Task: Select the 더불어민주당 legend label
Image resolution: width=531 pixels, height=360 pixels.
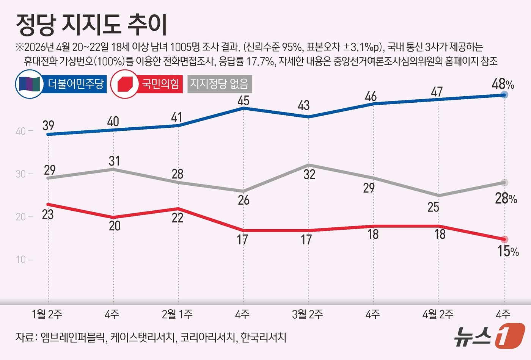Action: point(75,84)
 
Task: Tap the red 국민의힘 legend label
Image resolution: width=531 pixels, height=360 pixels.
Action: point(160,84)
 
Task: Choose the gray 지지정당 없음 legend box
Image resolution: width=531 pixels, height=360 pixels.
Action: point(219,84)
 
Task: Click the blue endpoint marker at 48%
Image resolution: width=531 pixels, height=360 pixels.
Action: point(504,95)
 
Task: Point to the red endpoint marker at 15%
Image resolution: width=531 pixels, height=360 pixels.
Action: point(504,239)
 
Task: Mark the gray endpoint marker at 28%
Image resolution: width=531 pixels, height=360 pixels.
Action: point(504,183)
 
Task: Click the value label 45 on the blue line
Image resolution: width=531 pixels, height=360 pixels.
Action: point(243,100)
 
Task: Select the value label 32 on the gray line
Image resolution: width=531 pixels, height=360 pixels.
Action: point(309,174)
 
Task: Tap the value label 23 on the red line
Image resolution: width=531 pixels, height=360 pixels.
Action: point(48,214)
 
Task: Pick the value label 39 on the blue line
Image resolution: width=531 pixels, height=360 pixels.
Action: point(48,125)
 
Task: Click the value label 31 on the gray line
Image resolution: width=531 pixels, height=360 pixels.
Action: point(114,161)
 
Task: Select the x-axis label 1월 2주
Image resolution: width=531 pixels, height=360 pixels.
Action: point(47,314)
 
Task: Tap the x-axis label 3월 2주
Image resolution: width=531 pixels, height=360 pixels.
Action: point(307,314)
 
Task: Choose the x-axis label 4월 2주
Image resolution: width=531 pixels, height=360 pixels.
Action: point(438,314)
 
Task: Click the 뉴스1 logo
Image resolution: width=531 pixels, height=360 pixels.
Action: point(489,335)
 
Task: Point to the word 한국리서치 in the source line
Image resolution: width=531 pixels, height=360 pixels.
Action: point(263,337)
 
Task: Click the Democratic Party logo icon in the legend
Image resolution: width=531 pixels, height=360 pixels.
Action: point(30,84)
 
